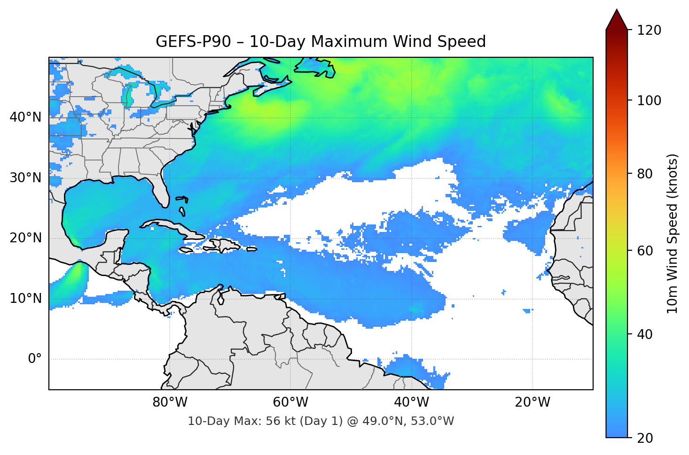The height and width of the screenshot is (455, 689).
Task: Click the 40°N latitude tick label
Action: [25, 117]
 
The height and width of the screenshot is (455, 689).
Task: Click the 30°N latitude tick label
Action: [25, 178]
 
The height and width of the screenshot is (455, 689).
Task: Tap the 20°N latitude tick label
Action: [25, 238]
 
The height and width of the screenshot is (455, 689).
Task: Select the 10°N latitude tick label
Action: [25, 299]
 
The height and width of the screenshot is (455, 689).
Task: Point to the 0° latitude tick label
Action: [35, 359]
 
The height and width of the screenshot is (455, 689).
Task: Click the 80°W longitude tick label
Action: [170, 402]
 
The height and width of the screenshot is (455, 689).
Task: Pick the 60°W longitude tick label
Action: [290, 402]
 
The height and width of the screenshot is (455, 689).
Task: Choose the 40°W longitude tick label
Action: [411, 402]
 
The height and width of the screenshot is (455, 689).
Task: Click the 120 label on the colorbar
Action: [649, 30]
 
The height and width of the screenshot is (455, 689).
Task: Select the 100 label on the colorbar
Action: [649, 100]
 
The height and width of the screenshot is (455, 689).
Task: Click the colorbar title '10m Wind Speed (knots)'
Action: [673, 234]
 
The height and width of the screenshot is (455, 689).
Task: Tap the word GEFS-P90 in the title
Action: [193, 42]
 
